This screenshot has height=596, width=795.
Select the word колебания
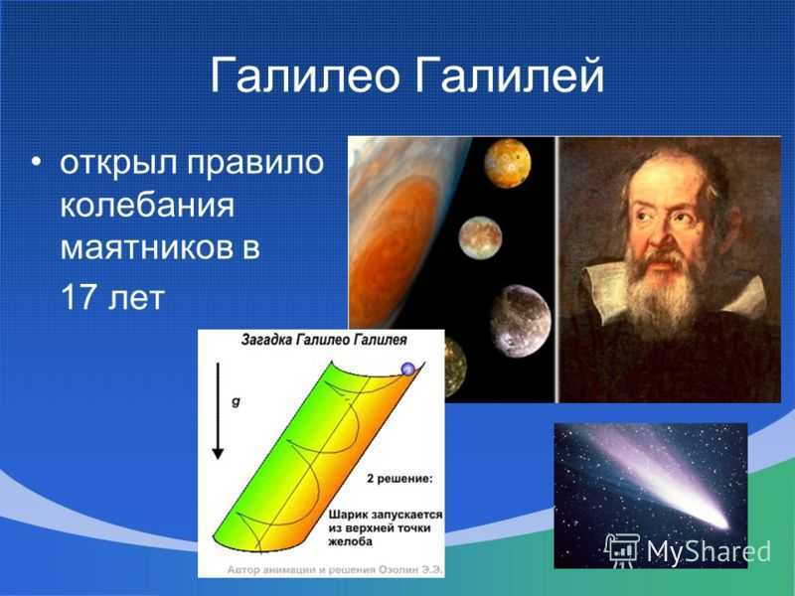[x=147, y=206]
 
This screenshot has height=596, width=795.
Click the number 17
[x=79, y=297]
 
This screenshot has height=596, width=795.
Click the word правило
[x=255, y=163]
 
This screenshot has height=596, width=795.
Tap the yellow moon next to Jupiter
[x=507, y=163]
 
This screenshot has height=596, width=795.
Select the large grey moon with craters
[x=521, y=321]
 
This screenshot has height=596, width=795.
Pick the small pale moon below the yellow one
[x=480, y=238]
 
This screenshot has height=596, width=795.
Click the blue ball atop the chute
[x=408, y=369]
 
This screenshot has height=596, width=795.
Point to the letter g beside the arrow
[x=236, y=402]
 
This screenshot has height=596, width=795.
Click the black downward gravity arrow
[x=218, y=411]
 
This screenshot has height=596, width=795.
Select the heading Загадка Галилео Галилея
[x=324, y=340]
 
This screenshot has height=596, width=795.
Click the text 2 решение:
[x=400, y=479]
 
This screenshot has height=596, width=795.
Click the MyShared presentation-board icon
[x=622, y=550]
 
